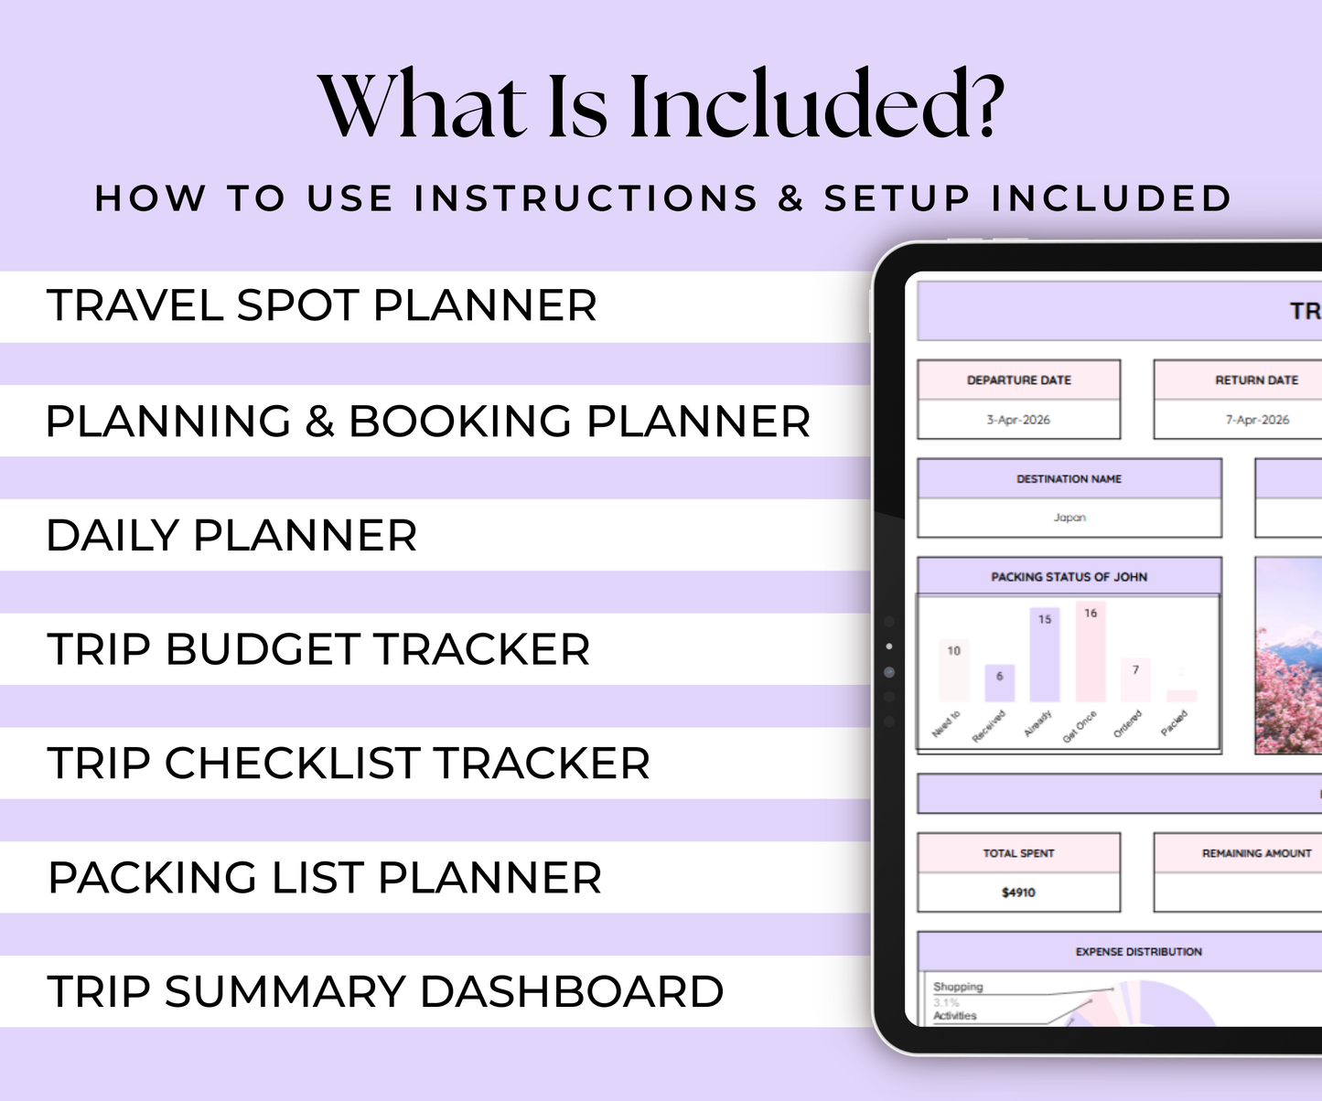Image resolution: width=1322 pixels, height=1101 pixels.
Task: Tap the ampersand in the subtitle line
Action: [790, 198]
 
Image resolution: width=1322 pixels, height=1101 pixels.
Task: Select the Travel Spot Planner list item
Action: [321, 305]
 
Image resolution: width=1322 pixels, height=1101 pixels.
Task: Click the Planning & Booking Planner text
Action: [427, 422]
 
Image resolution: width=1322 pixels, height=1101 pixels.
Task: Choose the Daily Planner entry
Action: [231, 536]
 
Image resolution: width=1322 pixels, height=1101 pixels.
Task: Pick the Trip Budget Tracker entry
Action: [318, 650]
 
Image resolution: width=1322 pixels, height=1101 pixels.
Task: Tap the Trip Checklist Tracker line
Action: [349, 764]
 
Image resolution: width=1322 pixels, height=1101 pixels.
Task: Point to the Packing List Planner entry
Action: [325, 878]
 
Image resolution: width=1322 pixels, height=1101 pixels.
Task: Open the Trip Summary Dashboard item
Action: [385, 992]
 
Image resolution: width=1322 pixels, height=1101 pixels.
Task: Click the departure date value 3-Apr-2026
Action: [1018, 420]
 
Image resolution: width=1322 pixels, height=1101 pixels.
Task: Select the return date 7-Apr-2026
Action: [1257, 420]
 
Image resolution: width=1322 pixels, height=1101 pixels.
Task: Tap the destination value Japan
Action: [1069, 518]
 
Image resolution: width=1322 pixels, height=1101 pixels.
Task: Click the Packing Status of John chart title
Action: [1069, 577]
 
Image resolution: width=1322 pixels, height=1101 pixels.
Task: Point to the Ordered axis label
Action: [1128, 723]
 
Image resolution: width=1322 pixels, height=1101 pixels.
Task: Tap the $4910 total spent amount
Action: [1018, 893]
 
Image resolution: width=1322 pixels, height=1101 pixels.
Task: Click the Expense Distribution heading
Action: [1138, 952]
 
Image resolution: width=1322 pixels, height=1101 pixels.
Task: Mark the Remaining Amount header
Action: [1256, 853]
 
